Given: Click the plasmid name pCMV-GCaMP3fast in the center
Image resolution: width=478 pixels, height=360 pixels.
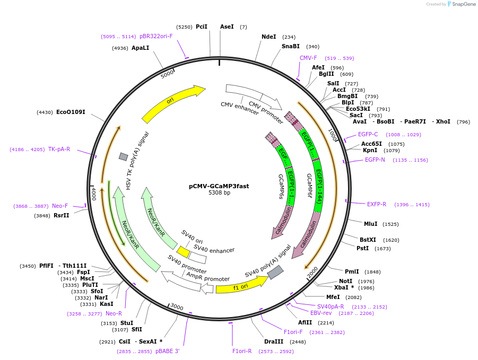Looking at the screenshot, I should [219, 186].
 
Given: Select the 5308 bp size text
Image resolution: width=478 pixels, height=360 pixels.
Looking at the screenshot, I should [219, 193].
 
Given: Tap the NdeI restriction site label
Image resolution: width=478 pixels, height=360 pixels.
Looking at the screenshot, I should [269, 37].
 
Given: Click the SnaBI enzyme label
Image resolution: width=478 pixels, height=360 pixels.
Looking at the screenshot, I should [291, 46].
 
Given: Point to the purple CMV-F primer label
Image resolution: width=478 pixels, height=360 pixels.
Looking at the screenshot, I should [308, 58].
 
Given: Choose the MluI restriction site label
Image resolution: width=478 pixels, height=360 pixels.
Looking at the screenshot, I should [370, 224].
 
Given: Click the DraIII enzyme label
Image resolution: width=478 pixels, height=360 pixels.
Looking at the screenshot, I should [274, 341].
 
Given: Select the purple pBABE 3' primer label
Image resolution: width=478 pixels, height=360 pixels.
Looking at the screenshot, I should [168, 351].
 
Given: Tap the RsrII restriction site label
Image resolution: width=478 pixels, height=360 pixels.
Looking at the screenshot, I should [62, 215].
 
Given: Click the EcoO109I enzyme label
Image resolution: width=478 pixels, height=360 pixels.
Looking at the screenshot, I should [71, 112].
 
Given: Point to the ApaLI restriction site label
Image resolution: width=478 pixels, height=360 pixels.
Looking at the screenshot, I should [140, 48].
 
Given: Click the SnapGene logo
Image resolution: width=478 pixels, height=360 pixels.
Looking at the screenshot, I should [459, 4].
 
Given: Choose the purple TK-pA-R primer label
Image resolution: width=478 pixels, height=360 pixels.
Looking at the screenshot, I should [59, 149].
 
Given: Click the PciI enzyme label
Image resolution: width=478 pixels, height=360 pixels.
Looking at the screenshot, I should [202, 27].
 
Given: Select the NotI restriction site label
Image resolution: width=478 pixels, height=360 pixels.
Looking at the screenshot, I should [346, 281].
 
